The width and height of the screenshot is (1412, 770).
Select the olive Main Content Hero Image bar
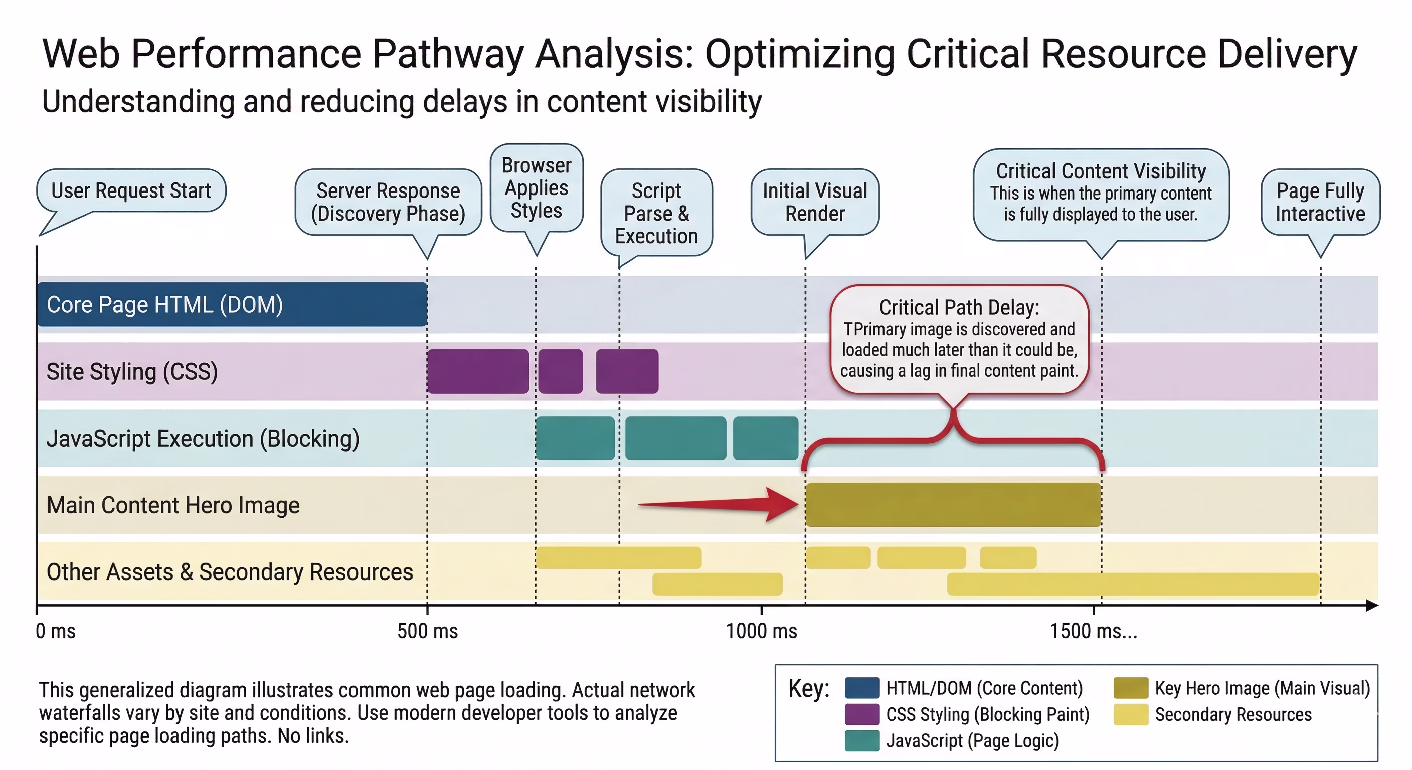[x=953, y=505]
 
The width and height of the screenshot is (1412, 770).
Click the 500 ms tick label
[x=428, y=631]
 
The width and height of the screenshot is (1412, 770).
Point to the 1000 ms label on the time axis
[x=761, y=631]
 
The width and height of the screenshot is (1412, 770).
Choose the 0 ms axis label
[x=55, y=631]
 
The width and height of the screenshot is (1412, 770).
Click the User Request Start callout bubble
[x=131, y=190]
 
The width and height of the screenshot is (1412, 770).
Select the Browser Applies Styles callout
[x=537, y=188]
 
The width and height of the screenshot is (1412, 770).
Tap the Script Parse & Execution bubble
[x=656, y=213]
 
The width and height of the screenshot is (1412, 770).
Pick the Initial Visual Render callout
[x=815, y=202]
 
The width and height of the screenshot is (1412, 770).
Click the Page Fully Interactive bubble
[x=1320, y=202]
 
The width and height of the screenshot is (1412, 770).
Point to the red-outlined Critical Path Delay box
[x=959, y=339]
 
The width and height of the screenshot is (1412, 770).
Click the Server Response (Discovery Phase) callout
[x=388, y=202]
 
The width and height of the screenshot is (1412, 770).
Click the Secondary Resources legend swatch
[x=1130, y=714]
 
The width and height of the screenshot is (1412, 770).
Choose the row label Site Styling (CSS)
[x=132, y=371]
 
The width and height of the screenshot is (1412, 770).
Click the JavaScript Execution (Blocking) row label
[x=203, y=439]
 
